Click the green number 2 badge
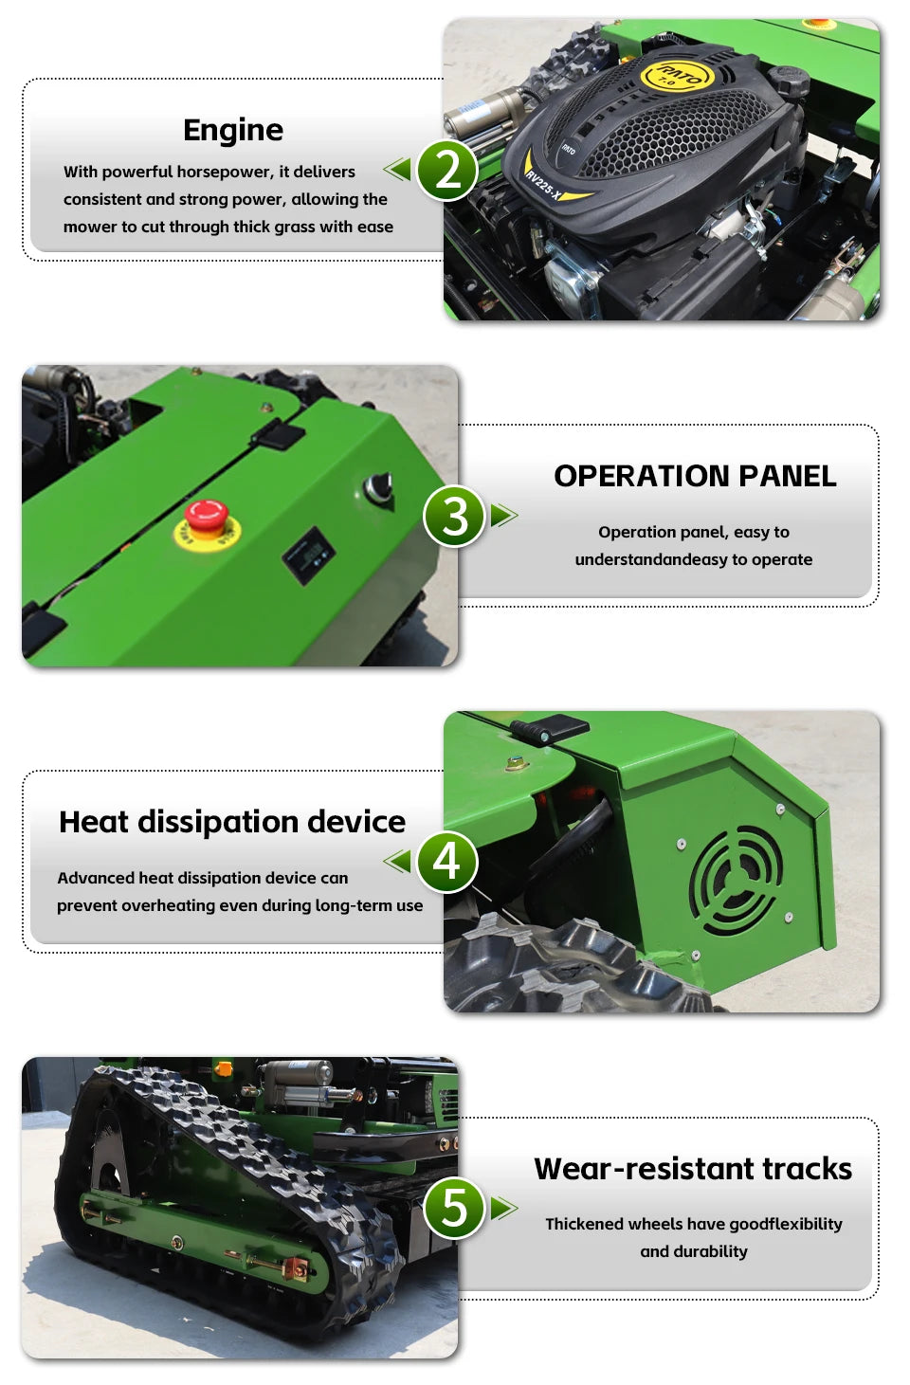pos(446,170)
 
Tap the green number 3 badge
pos(454,516)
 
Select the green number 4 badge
pos(446,862)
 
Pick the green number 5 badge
pos(454,1208)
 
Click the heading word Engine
pos(233,130)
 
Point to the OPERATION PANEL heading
pos(695,476)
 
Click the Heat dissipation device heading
pos(232,822)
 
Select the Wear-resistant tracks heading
pos(693,1169)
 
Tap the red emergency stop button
pos(206,517)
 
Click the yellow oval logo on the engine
pos(676,75)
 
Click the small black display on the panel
pos(308,554)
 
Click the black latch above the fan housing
pos(550,730)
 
